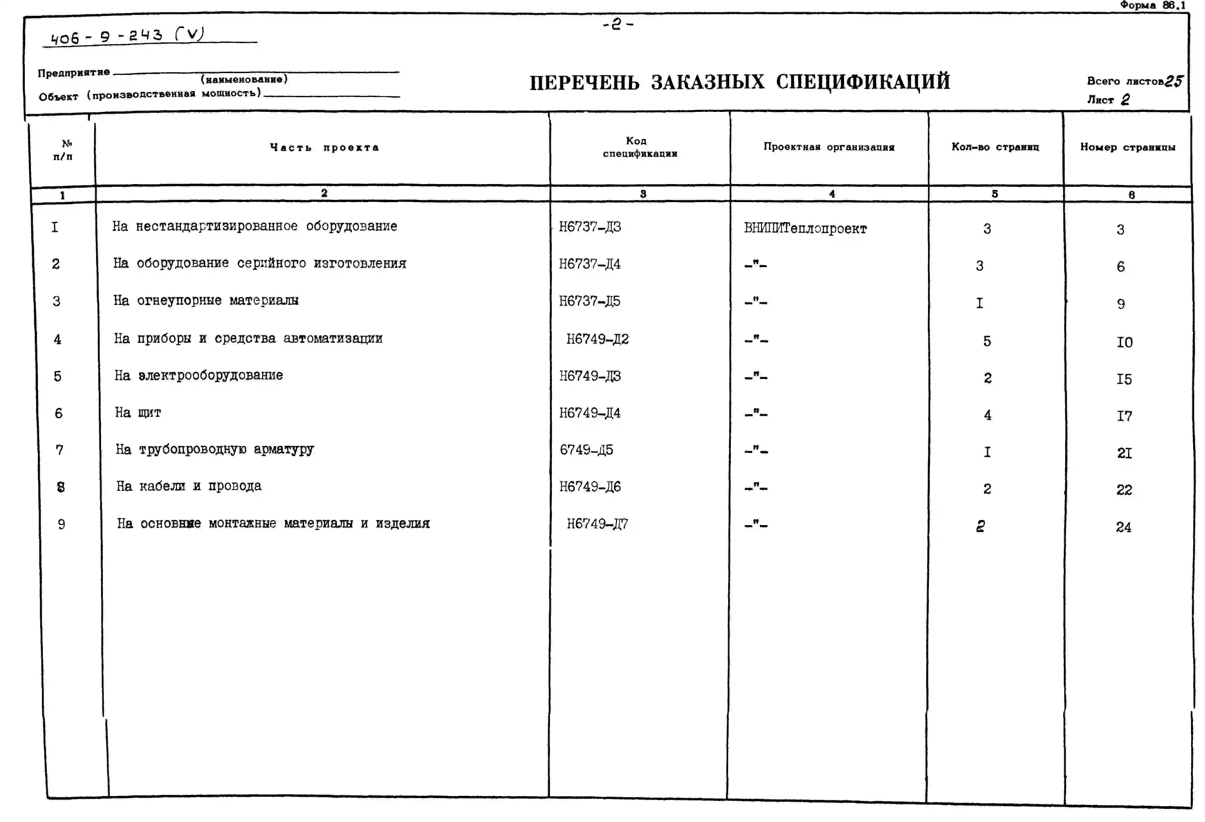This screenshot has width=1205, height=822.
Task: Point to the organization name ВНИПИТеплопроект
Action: tap(805, 228)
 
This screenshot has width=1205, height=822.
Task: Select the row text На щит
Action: tap(138, 413)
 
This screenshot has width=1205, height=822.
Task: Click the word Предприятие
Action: tap(74, 73)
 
